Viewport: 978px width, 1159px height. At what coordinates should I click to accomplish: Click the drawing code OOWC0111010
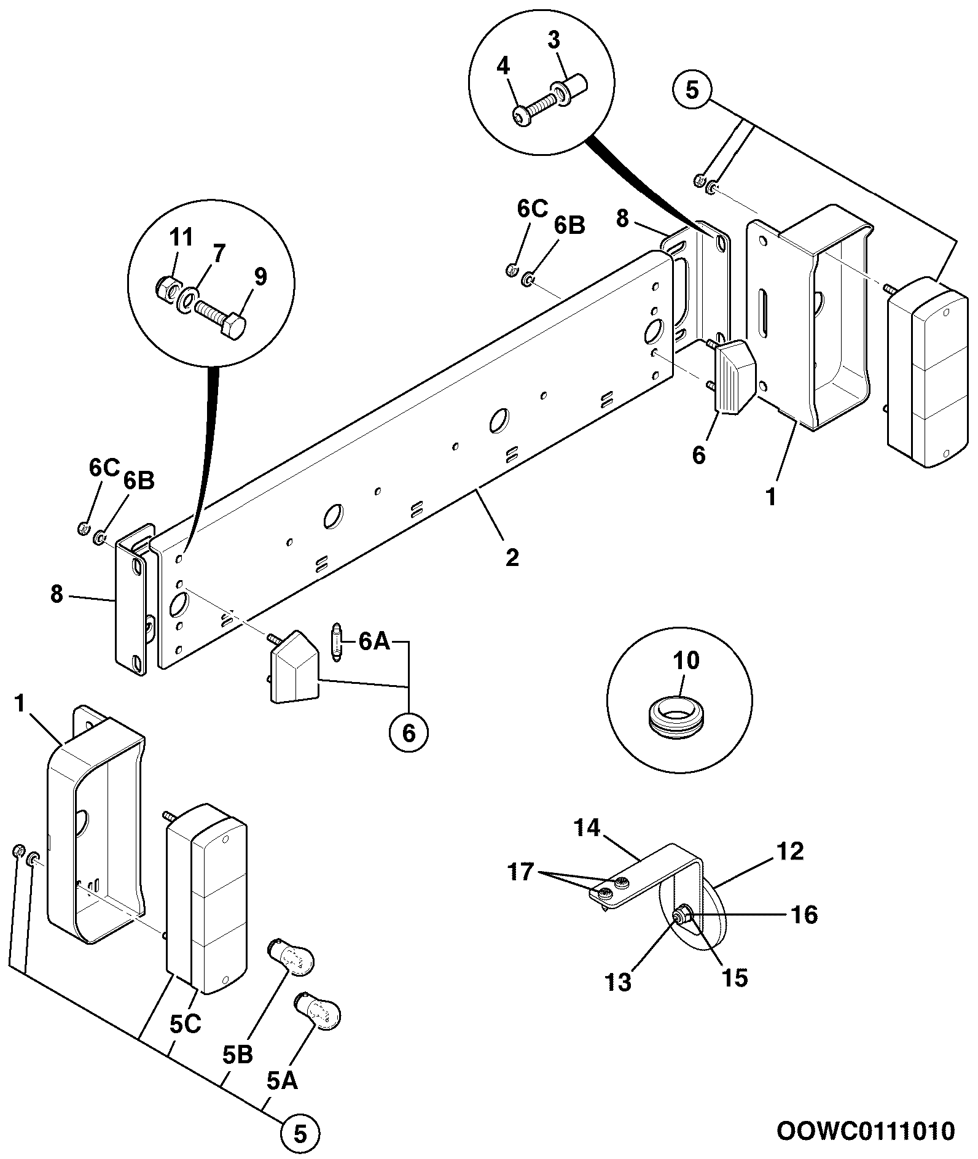pyautogui.click(x=866, y=1130)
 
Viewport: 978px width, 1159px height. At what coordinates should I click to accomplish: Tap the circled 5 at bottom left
pyautogui.click(x=300, y=1133)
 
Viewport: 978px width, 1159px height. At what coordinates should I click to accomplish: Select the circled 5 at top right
pyautogui.click(x=692, y=91)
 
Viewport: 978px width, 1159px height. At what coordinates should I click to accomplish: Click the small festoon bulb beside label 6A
pyautogui.click(x=337, y=642)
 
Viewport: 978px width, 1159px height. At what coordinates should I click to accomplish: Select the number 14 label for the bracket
pyautogui.click(x=587, y=828)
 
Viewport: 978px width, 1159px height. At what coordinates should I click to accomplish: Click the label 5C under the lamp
pyautogui.click(x=185, y=1025)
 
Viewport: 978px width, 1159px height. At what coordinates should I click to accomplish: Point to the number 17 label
pyautogui.click(x=521, y=872)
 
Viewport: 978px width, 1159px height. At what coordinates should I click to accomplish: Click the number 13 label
pyautogui.click(x=618, y=982)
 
